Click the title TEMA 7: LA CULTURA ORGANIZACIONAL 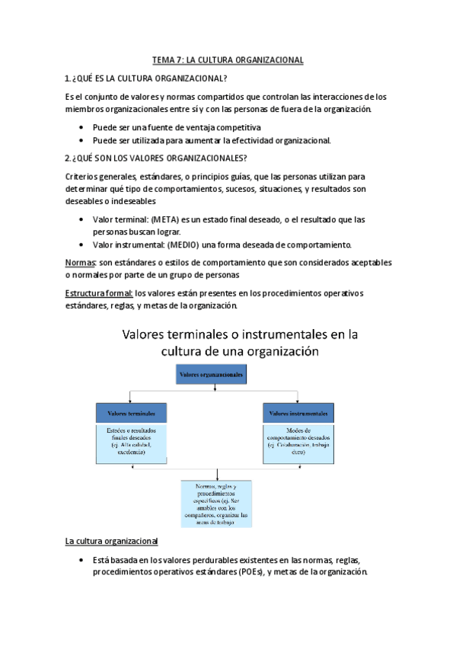click(x=228, y=59)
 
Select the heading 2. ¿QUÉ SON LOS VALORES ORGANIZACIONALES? click(x=156, y=158)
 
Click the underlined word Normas click(x=79, y=262)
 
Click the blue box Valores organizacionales click(x=212, y=375)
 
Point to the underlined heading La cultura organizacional click(x=111, y=541)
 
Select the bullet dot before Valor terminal click(x=81, y=219)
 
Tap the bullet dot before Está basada click(x=81, y=560)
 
